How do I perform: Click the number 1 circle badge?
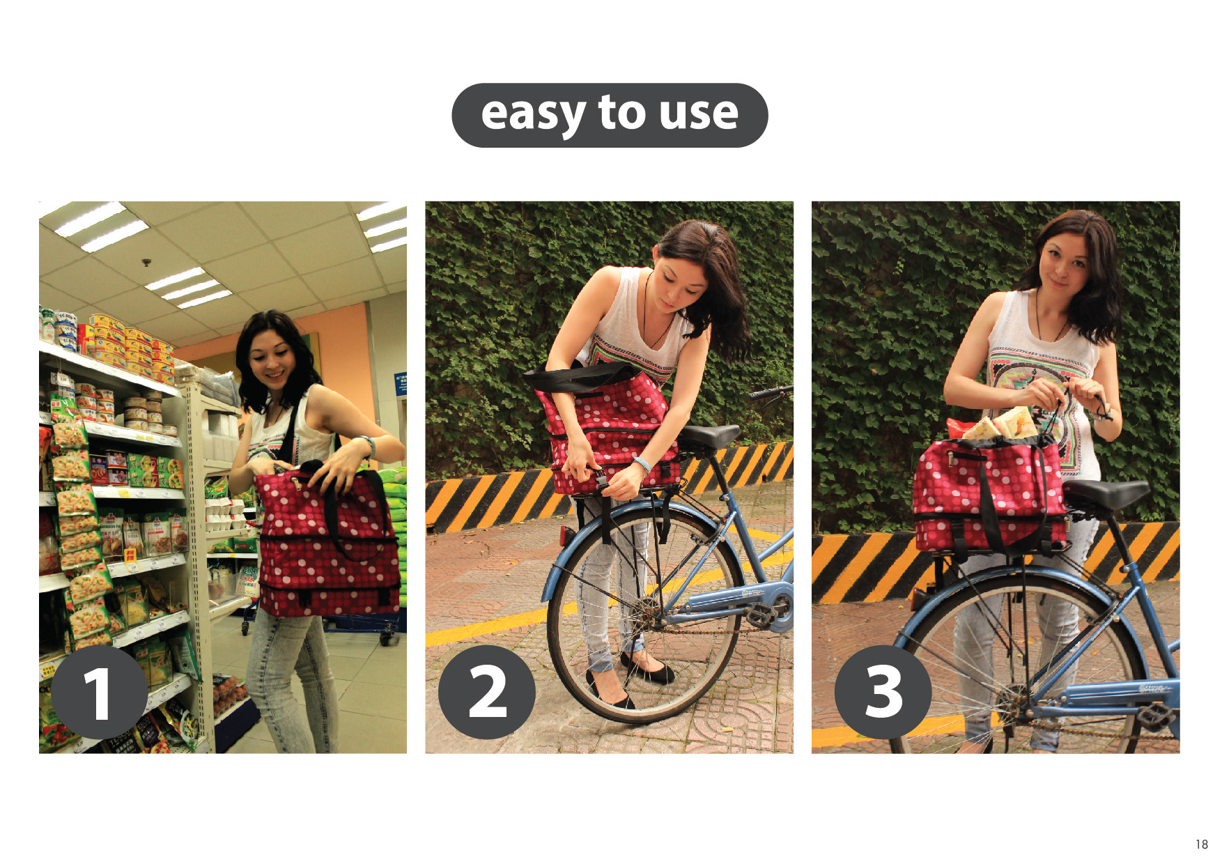[99, 692]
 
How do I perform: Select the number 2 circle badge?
[487, 692]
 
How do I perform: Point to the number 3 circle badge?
[883, 692]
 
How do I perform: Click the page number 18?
[1202, 844]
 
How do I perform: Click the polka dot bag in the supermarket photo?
[327, 543]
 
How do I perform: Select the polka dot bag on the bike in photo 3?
[989, 495]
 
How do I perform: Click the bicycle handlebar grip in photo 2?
[766, 393]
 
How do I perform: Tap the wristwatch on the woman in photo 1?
[367, 445]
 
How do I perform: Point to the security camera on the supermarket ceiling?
[146, 263]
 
